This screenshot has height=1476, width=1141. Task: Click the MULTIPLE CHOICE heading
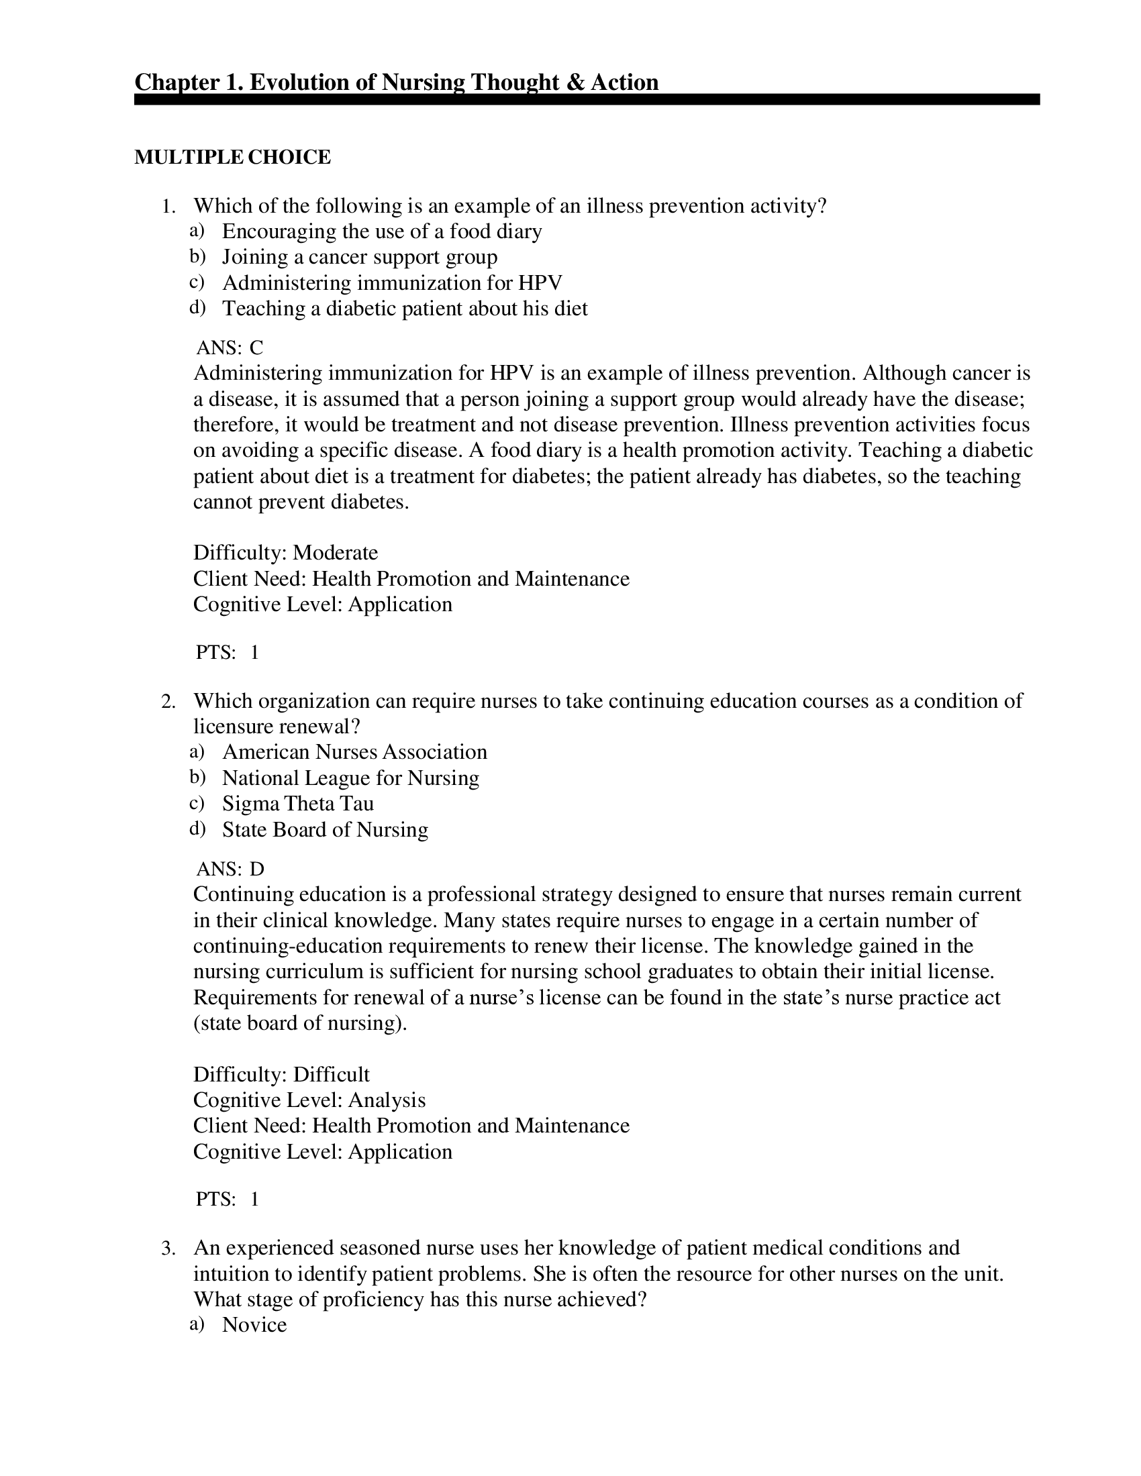(x=232, y=157)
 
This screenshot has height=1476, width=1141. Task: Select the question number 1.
(x=168, y=206)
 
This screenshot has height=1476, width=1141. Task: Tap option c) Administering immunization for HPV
(x=392, y=282)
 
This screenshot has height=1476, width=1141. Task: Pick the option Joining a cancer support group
(x=360, y=257)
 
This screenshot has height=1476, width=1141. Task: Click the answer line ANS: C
(x=229, y=348)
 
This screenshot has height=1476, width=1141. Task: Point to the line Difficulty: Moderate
(x=285, y=553)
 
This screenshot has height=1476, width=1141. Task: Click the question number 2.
(x=168, y=702)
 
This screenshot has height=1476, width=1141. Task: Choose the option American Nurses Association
(x=354, y=752)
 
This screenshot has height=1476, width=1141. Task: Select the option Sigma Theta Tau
(x=297, y=804)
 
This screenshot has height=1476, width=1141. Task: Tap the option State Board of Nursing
(x=324, y=829)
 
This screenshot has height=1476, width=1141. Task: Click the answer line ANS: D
(x=230, y=868)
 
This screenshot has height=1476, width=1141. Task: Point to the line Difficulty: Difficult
(x=281, y=1075)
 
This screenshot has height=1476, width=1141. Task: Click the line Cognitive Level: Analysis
(x=309, y=1100)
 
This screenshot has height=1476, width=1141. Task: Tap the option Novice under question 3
(x=254, y=1324)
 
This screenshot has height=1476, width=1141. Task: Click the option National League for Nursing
(x=350, y=778)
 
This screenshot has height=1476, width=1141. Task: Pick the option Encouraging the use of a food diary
(x=382, y=231)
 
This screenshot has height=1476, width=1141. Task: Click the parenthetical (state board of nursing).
(x=300, y=1023)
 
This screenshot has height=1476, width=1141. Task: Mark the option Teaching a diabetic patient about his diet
(x=404, y=308)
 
